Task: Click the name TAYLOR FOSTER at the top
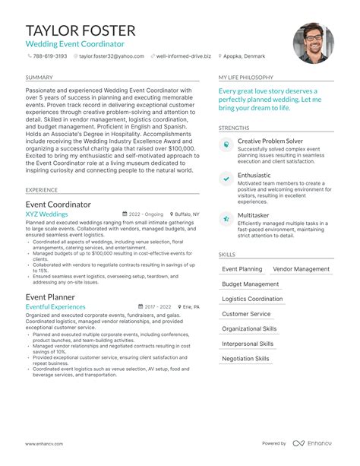point(81,30)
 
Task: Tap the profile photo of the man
point(314,42)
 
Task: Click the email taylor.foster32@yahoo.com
point(112,55)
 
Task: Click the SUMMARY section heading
point(39,78)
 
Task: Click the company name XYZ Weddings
point(46,214)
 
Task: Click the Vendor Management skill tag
point(302,269)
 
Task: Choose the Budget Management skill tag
point(250,284)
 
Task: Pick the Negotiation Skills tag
point(245,358)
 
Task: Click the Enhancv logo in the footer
point(317,443)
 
